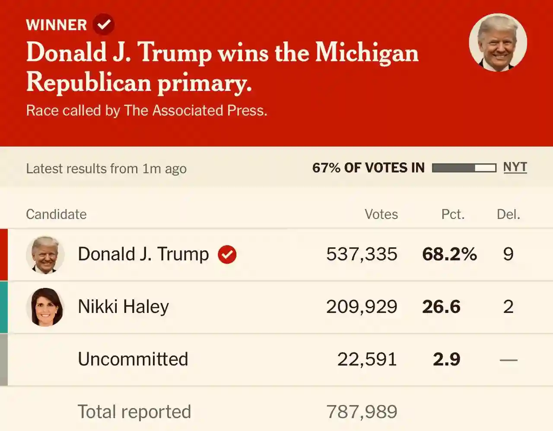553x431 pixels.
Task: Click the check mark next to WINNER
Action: point(104,24)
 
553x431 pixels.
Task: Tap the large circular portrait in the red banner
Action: point(498,42)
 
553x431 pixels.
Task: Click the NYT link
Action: point(515,167)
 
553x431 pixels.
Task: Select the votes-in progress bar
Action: point(464,168)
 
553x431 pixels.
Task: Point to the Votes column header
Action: point(381,214)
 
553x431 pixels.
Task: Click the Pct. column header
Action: point(453,214)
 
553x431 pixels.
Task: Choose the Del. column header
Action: point(509,214)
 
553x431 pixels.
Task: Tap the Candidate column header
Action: point(56,214)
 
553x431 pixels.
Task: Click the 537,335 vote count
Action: point(362,254)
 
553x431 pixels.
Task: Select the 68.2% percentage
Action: point(449,254)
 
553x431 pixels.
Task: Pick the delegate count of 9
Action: point(509,254)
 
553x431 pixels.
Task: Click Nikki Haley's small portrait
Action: point(45,307)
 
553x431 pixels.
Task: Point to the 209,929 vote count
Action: point(362,307)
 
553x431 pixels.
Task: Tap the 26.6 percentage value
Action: point(441,307)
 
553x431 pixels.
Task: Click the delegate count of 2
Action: point(509,307)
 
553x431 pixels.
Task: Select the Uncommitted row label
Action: point(133,359)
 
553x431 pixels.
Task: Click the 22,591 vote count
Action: point(367,359)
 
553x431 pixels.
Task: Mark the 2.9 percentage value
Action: point(447,359)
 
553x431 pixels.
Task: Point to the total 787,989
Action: point(362,412)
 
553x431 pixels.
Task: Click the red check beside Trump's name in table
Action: point(227,254)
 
